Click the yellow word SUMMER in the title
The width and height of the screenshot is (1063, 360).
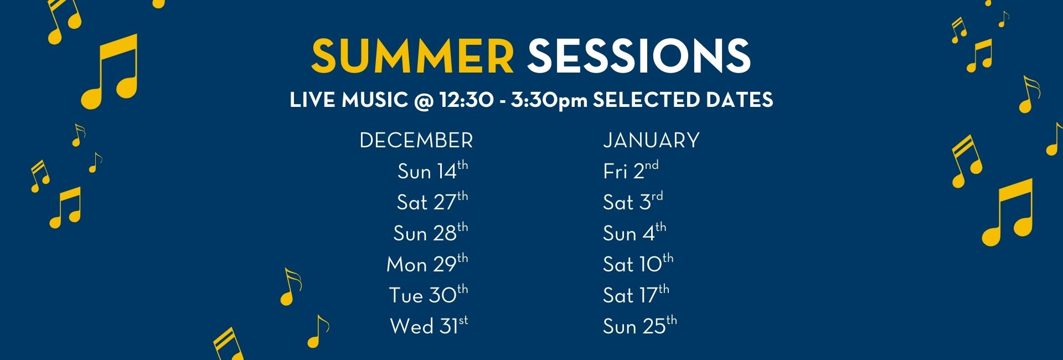click(412, 56)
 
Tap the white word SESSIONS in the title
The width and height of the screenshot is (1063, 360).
click(639, 56)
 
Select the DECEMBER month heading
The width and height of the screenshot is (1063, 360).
click(416, 141)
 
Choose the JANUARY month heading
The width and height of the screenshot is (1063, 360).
click(651, 141)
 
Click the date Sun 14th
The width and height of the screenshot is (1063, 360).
click(432, 171)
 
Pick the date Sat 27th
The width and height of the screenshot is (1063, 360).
click(432, 202)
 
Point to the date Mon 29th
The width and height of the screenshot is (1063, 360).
click(427, 264)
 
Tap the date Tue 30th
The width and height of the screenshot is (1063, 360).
click(428, 295)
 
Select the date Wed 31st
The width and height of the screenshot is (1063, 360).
click(429, 326)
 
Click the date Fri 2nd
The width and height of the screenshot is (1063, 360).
click(631, 171)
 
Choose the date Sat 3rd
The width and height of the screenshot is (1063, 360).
click(633, 202)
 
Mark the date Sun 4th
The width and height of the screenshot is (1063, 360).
click(634, 233)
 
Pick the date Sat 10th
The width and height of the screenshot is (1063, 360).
click(638, 264)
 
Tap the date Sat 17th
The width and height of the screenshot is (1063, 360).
click(636, 295)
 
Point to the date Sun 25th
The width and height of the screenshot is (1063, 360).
click(640, 326)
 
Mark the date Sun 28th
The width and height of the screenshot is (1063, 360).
click(430, 233)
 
